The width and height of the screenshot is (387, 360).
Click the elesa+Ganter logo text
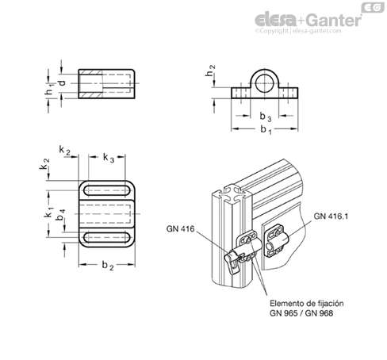click(x=308, y=21)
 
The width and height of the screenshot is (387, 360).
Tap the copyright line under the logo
click(x=298, y=31)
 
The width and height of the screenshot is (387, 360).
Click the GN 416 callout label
click(x=180, y=228)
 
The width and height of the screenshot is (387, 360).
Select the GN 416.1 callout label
click(x=331, y=216)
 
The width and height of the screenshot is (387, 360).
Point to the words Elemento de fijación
click(x=307, y=303)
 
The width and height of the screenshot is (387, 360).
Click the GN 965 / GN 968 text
click(x=301, y=313)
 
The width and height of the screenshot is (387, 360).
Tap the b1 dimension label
click(x=266, y=130)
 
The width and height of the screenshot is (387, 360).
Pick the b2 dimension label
click(x=108, y=266)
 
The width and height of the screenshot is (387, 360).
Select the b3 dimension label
click(x=266, y=117)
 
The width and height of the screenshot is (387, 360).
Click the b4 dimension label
click(x=61, y=214)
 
